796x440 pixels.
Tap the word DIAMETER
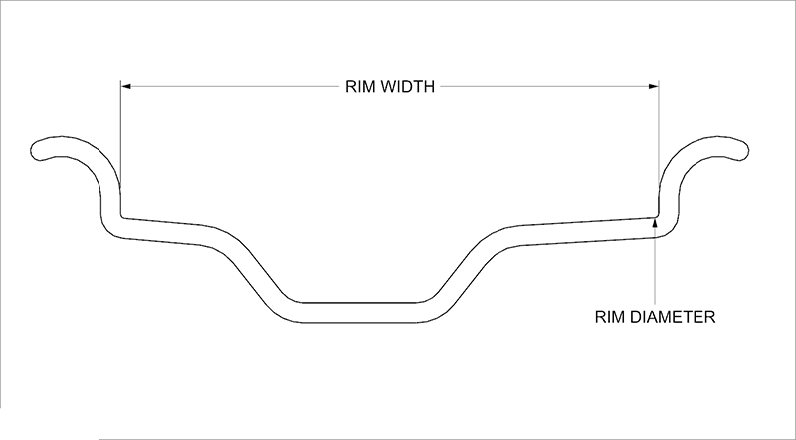[673, 317]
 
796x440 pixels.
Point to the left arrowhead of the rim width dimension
[126, 87]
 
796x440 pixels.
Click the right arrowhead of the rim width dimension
[654, 87]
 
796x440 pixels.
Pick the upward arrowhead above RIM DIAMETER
[655, 223]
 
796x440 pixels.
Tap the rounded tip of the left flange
[34, 150]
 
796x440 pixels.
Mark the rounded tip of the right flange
[745, 150]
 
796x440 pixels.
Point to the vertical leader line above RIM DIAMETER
[655, 266]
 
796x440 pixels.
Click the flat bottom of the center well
[360, 312]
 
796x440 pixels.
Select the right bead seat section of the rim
[584, 232]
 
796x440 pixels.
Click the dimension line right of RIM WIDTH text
[549, 87]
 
